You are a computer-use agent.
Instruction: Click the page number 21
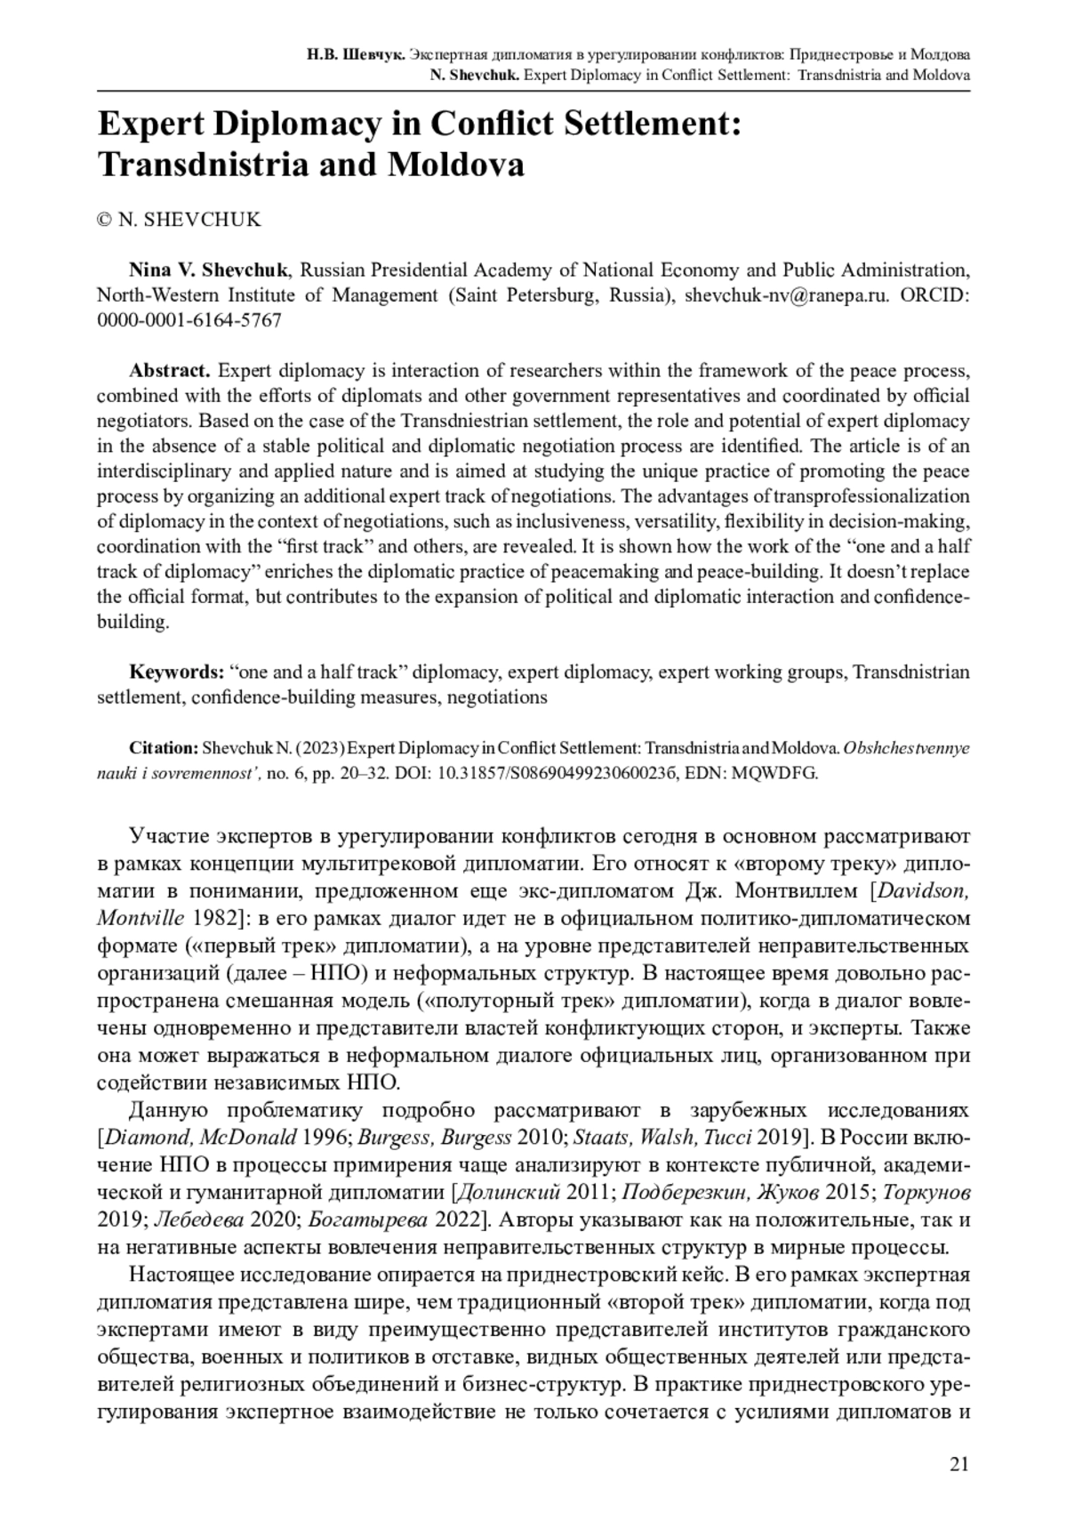click(959, 1466)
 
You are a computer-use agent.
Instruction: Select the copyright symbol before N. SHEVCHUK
click(104, 220)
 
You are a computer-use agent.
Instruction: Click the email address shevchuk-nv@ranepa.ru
click(787, 295)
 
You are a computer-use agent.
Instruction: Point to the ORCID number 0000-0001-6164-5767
click(189, 320)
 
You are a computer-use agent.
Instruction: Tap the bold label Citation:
click(164, 748)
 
